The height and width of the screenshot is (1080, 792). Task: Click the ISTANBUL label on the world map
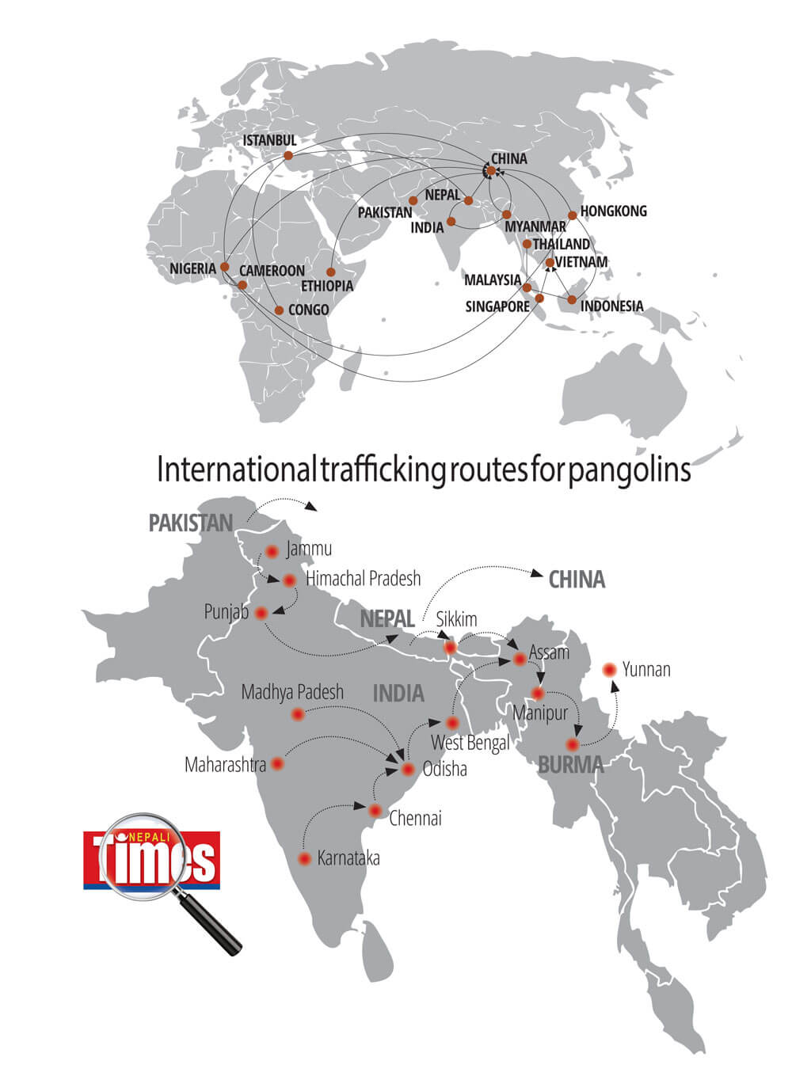coord(269,140)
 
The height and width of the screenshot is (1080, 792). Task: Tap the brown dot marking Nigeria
coord(225,266)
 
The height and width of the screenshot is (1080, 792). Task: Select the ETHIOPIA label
coord(327,286)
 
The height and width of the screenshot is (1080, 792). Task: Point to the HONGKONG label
coord(613,211)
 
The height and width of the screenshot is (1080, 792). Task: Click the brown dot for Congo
coord(279,310)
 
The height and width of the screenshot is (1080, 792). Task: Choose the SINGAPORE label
coord(497,306)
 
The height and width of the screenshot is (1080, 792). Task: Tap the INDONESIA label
coord(611,306)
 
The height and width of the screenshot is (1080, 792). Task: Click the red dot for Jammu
coord(273,551)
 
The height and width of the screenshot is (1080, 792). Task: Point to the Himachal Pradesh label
coord(364,579)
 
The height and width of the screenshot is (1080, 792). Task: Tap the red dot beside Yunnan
coord(609,670)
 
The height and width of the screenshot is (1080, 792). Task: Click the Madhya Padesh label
coord(292,692)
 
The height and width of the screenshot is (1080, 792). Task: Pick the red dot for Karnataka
coord(304,859)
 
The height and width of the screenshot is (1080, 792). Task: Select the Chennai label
coord(415,818)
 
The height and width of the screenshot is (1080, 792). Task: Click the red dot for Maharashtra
coord(277,764)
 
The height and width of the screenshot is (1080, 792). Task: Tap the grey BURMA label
coord(570,765)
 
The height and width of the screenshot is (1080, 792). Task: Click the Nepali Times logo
coord(150,859)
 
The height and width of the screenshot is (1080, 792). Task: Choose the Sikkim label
coord(457,619)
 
